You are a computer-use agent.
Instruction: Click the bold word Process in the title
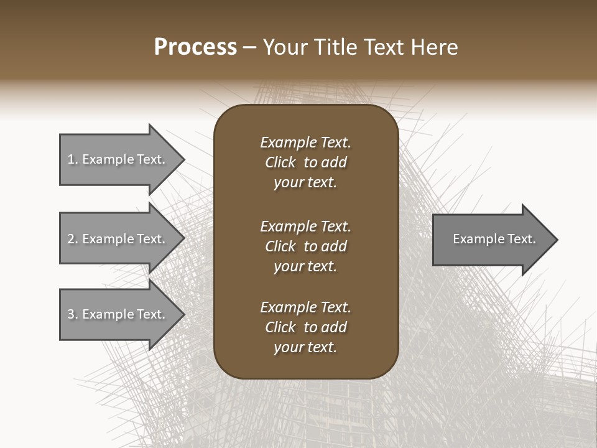195,47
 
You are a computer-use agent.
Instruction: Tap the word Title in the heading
335,47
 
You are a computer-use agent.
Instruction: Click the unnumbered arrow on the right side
491,240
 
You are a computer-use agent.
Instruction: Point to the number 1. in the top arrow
73,159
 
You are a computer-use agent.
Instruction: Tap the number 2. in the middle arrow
73,239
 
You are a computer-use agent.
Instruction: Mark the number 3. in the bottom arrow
73,314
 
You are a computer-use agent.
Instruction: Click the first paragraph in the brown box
305,162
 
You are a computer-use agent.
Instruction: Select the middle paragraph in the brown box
305,246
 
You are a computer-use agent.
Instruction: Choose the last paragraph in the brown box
305,327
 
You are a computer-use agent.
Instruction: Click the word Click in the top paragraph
280,162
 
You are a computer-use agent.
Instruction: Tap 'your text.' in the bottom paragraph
305,347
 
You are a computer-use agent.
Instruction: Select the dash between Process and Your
249,48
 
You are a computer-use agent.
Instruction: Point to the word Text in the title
383,47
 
